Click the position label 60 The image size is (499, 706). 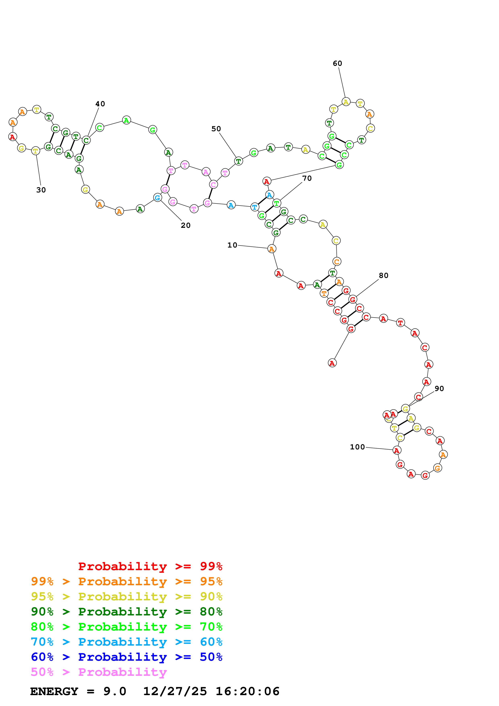click(337, 63)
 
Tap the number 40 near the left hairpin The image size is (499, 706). click(100, 104)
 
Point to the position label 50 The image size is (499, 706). click(216, 129)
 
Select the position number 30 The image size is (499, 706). click(41, 190)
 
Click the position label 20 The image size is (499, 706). click(185, 225)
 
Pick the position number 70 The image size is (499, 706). click(307, 178)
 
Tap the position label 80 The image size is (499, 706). click(383, 276)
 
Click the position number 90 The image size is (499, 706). click(439, 389)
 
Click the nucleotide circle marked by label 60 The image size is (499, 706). click(346, 102)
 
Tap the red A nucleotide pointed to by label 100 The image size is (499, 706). click(397, 450)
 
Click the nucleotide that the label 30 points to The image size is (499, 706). click(36, 151)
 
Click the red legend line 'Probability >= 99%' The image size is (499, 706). click(150, 566)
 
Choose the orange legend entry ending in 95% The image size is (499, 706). click(126, 581)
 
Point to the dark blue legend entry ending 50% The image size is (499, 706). click(126, 657)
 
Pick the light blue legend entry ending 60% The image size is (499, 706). click(126, 642)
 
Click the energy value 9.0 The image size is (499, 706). click(115, 691)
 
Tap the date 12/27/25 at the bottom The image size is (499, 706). click(175, 691)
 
